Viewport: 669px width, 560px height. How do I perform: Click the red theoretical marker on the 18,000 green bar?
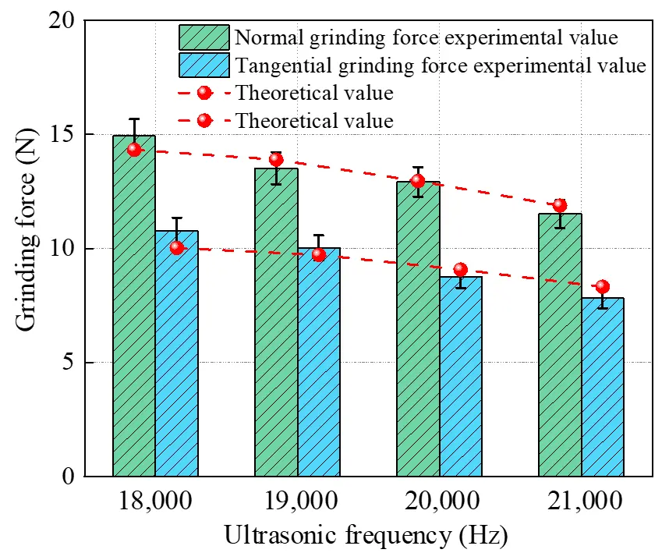pos(134,150)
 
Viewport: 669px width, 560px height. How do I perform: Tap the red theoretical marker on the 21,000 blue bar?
pos(602,287)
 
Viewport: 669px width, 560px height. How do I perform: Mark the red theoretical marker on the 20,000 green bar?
pos(418,181)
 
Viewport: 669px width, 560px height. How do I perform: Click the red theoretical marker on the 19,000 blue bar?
pos(319,254)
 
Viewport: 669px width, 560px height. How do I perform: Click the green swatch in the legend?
pos(204,37)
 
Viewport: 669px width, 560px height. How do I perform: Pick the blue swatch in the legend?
pos(204,65)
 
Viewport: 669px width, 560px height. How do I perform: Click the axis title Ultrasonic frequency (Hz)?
pos(366,536)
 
